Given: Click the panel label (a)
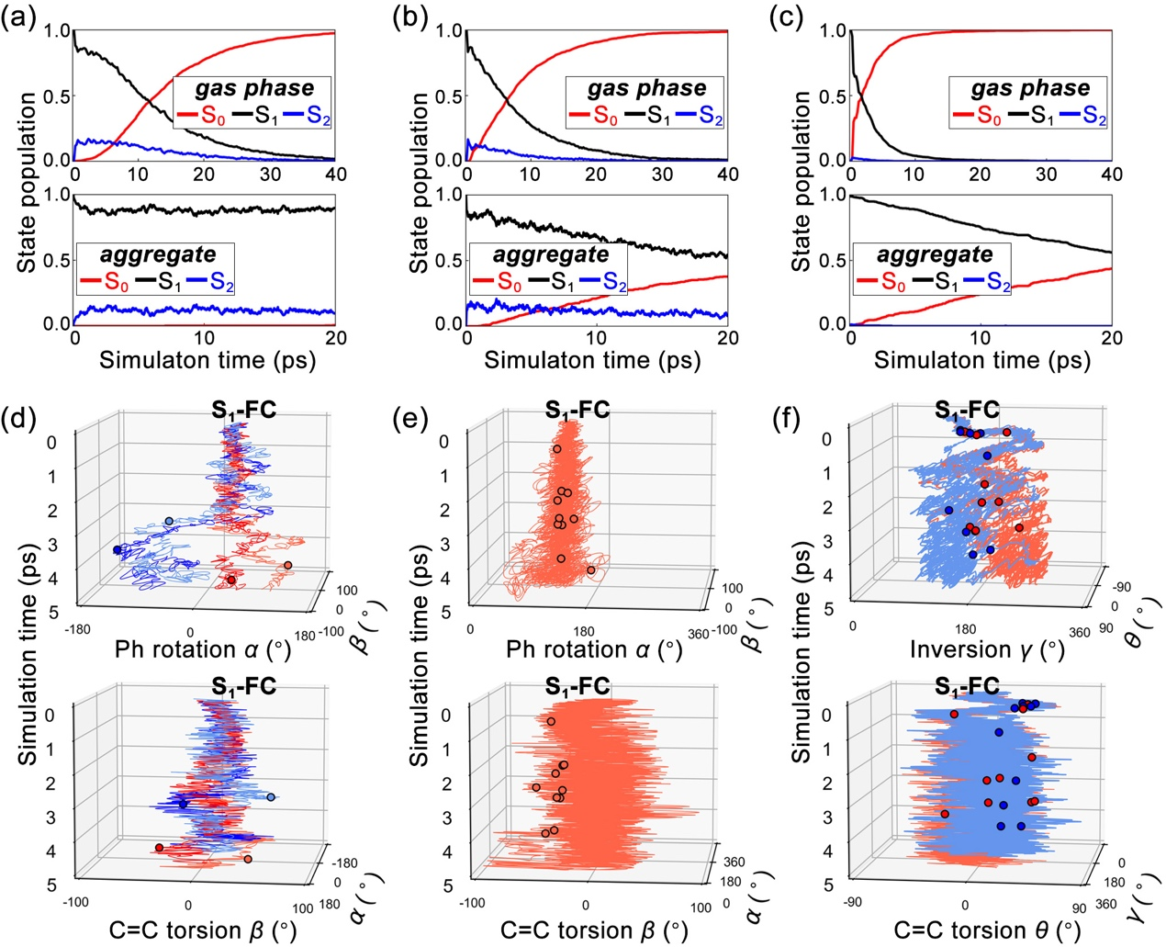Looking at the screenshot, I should (19, 17).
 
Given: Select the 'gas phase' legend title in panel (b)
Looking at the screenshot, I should (646, 89).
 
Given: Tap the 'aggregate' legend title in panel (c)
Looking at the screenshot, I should (934, 255).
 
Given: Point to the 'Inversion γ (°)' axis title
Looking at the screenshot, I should (987, 650).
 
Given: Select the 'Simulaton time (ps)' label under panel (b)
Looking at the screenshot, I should (592, 359).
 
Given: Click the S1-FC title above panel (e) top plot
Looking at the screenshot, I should (577, 409).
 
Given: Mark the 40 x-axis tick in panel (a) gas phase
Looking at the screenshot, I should (335, 175).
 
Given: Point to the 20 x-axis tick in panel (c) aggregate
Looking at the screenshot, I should (1111, 338).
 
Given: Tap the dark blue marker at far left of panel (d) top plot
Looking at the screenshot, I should (117, 550).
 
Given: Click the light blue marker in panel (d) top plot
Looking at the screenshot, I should (168, 522).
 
